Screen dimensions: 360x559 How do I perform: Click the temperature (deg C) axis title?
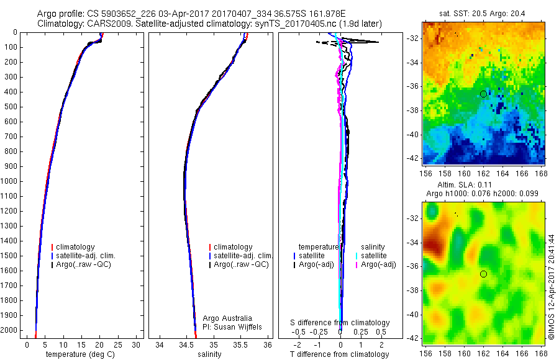tap(81, 354)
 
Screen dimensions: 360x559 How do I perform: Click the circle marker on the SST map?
tap(483, 94)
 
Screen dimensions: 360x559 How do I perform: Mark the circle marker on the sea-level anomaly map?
tap(483, 274)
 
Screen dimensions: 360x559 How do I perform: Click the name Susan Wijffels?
tap(238, 326)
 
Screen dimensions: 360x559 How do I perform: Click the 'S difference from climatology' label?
tap(340, 323)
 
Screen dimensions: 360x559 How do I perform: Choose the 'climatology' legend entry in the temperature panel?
tap(76, 247)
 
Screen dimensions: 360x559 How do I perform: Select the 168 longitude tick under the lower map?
tap(540, 352)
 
